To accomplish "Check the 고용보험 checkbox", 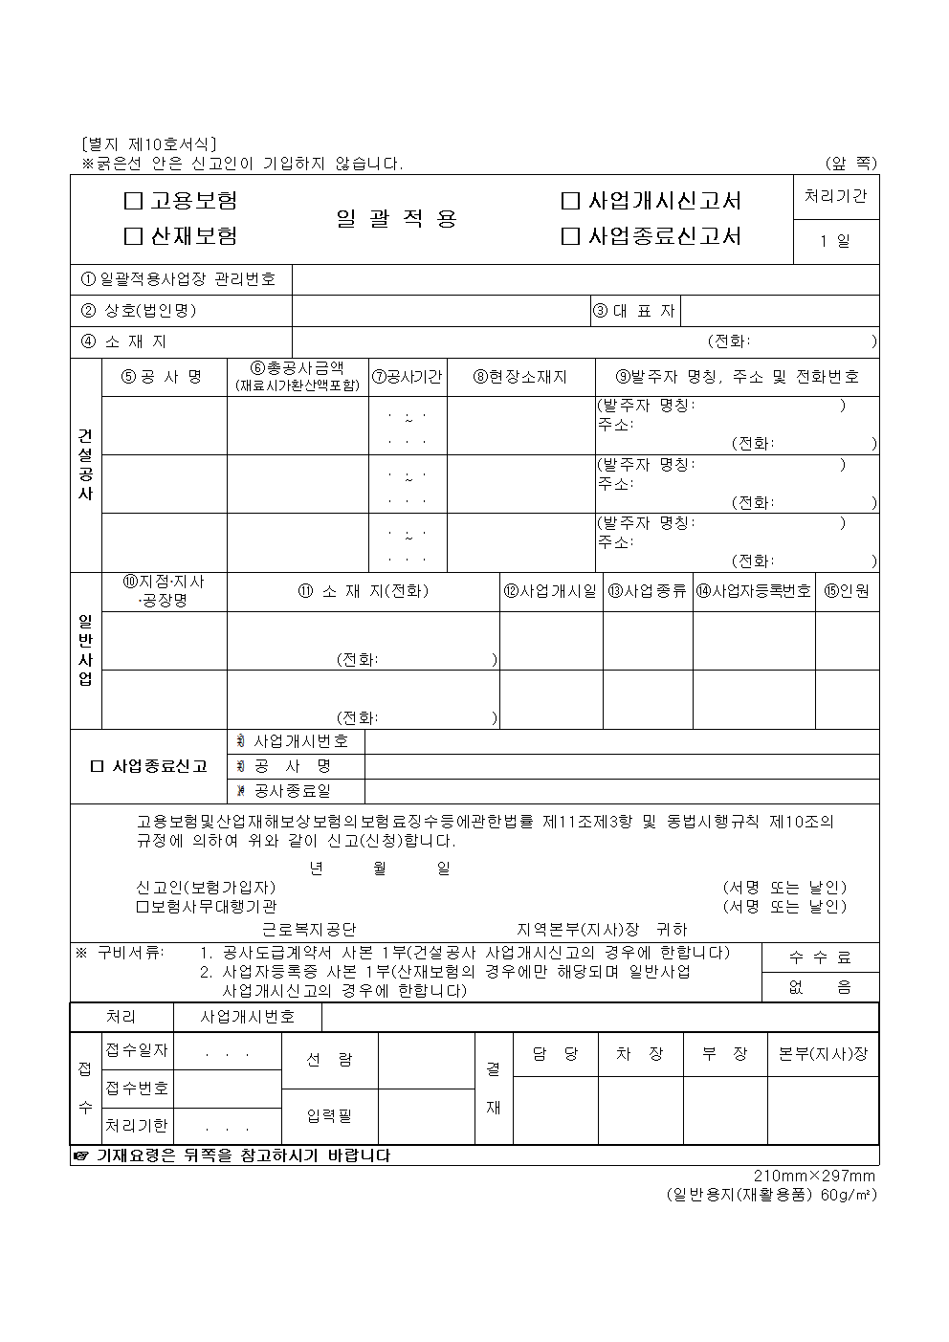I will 134,202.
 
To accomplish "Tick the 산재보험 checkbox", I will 134,236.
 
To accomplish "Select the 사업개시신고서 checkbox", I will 571,202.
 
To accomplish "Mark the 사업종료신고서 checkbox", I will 571,236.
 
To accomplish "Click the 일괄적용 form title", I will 397,219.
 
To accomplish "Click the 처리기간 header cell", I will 836,197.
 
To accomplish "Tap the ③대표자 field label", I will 634,311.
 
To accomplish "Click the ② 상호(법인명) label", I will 140,311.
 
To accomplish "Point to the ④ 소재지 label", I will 125,341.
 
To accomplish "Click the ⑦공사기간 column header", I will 408,377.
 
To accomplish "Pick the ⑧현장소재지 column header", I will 520,377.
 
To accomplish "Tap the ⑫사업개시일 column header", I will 550,591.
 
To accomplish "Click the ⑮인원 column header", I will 847,591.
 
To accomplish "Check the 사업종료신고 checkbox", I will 96,767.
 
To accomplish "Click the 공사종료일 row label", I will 294,791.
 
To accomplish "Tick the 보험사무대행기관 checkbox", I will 142,907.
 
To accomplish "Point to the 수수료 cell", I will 820,957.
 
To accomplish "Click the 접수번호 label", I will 138,1089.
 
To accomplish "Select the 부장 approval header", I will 724,1054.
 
